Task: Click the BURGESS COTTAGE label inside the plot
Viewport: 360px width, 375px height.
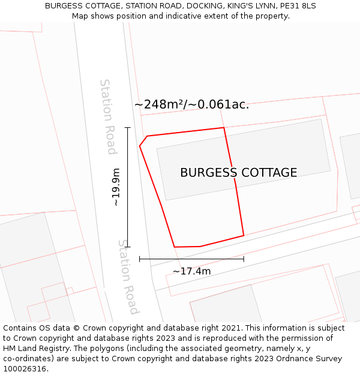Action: pyautogui.click(x=238, y=173)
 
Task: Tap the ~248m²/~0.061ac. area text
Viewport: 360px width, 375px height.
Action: pyautogui.click(x=191, y=104)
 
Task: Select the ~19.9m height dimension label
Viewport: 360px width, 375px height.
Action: pyautogui.click(x=116, y=187)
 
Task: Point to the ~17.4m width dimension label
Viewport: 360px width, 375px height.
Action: pyautogui.click(x=191, y=271)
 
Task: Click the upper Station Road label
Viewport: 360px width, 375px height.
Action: pyautogui.click(x=107, y=116)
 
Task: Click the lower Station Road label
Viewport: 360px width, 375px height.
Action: pyautogui.click(x=128, y=277)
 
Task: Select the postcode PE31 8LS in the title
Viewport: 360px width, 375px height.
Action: pyautogui.click(x=298, y=6)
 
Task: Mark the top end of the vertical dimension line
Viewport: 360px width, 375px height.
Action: pyautogui.click(x=127, y=128)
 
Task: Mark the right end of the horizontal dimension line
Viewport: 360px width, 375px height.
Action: pyautogui.click(x=244, y=259)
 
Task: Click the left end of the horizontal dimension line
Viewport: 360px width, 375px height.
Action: pyautogui.click(x=140, y=259)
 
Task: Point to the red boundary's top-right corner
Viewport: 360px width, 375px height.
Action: pyautogui.click(x=224, y=128)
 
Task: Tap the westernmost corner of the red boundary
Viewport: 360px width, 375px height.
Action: pyautogui.click(x=140, y=145)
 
